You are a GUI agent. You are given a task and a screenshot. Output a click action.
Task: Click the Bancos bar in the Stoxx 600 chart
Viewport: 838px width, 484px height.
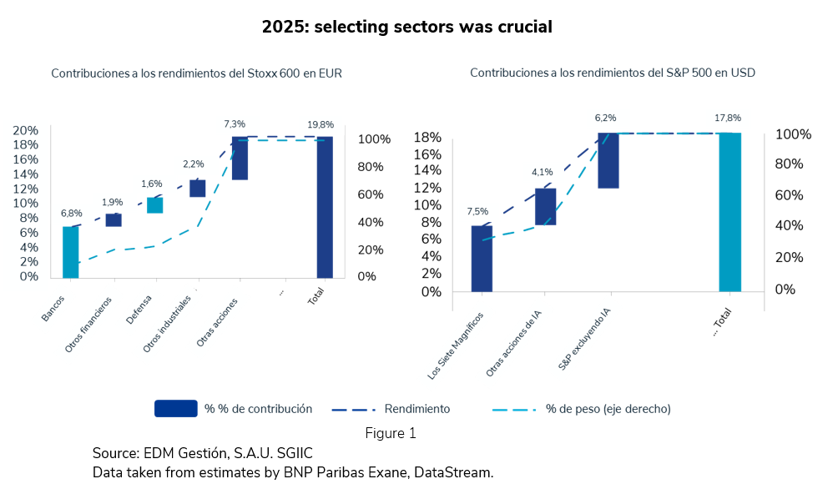click(70, 252)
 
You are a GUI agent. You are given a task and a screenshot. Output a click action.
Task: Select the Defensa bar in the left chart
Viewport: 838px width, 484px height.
click(155, 205)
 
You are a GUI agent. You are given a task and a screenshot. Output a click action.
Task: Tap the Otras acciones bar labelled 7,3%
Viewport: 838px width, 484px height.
click(240, 159)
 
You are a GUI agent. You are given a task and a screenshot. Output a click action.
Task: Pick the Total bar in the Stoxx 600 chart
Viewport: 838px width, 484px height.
click(325, 207)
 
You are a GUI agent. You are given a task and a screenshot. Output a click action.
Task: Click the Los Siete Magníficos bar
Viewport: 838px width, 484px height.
click(482, 259)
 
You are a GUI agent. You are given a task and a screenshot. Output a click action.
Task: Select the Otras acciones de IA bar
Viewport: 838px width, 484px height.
click(545, 207)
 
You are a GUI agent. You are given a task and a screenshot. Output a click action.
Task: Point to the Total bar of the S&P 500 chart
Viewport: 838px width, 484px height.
click(729, 212)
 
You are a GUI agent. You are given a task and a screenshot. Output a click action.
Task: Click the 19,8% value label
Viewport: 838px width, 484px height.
click(321, 124)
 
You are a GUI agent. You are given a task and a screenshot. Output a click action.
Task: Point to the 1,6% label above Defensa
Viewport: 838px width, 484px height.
click(152, 184)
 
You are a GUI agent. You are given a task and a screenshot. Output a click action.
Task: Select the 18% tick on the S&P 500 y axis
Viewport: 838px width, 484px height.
click(428, 138)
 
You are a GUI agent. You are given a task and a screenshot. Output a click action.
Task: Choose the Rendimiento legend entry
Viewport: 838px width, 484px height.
click(416, 409)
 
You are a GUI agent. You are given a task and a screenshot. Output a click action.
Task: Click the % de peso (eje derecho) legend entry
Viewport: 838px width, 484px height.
click(608, 409)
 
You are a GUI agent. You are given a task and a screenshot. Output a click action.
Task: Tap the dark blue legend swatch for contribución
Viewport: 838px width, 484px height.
click(175, 409)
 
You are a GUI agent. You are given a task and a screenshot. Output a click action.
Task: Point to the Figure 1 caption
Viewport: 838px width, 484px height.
click(390, 433)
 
